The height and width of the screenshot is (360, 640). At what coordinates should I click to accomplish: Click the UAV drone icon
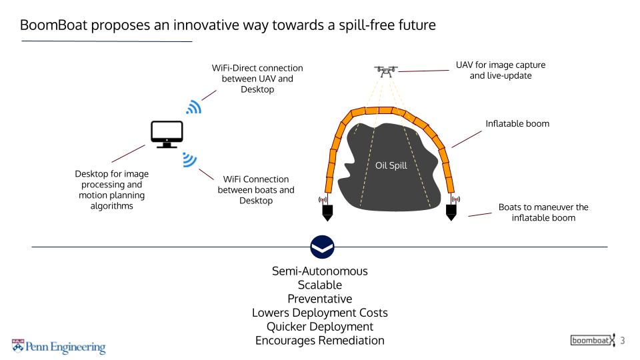[x=386, y=71]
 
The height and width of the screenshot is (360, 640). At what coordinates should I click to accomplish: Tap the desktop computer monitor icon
[x=167, y=134]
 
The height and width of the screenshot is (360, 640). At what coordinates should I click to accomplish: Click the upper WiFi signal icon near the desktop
[x=194, y=107]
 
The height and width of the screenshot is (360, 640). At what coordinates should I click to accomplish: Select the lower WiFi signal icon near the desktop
[x=189, y=160]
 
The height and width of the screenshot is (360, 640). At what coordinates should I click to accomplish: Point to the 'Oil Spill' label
[x=391, y=166]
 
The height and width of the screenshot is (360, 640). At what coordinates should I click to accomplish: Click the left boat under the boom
[x=327, y=212]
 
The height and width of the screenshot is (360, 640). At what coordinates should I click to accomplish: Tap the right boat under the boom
[x=451, y=212]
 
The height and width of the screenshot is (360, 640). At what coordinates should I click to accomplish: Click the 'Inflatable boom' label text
[x=517, y=123]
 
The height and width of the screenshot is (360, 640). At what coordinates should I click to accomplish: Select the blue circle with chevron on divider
[x=323, y=247]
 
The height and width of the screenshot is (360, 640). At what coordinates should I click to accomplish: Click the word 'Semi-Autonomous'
[x=320, y=271]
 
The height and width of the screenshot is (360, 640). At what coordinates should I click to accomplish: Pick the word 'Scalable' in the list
[x=320, y=285]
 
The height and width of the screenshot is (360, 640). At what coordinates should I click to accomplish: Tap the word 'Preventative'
[x=320, y=299]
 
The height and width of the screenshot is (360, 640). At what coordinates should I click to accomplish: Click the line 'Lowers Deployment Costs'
[x=320, y=313]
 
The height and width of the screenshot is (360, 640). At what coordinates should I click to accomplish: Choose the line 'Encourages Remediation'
[x=320, y=341]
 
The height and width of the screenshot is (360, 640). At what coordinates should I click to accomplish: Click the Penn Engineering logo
[x=59, y=347]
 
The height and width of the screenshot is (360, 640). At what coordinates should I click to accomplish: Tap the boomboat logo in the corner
[x=592, y=341]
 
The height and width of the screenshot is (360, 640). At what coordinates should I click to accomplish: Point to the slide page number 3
[x=623, y=341]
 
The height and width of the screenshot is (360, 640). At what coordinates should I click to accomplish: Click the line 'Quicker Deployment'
[x=320, y=327]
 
